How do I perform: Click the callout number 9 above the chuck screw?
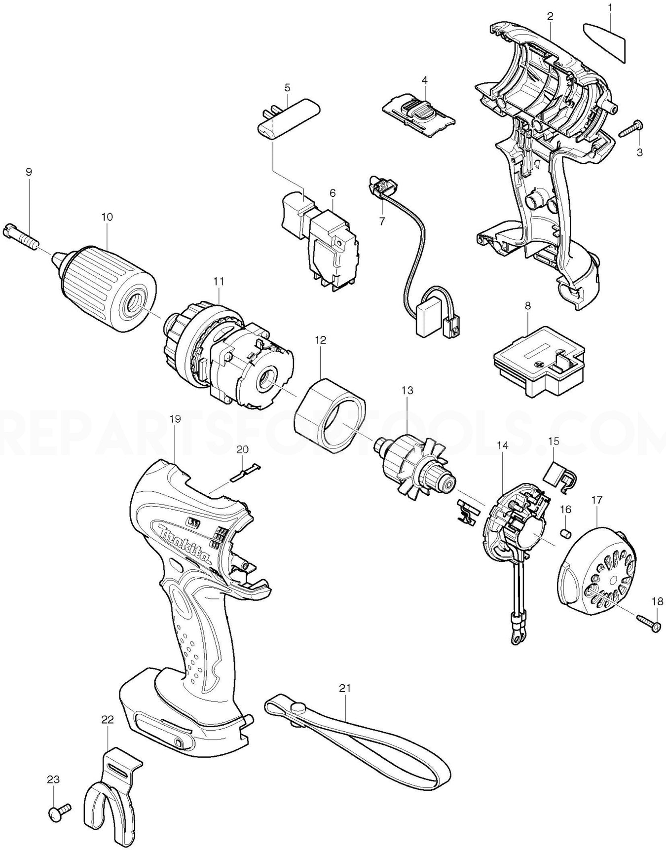pos(29,172)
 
